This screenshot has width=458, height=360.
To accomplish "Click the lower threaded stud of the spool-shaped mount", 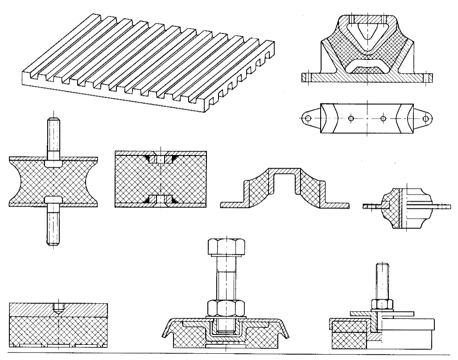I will [x=53, y=225].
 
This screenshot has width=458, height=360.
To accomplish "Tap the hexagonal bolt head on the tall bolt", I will [x=225, y=247].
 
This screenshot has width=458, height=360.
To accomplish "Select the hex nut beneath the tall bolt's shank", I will [x=225, y=307].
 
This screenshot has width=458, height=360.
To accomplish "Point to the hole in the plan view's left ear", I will [x=307, y=119].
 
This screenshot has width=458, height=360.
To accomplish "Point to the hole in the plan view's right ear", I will [x=426, y=119].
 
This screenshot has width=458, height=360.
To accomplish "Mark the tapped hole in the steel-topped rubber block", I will [x=58, y=307].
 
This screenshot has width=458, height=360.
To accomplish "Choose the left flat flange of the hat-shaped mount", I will [x=232, y=204].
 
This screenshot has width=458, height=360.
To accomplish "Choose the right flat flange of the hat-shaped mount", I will [x=337, y=204].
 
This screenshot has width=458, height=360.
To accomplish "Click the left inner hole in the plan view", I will [x=351, y=119].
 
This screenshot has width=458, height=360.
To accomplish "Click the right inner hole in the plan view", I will [x=383, y=119].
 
